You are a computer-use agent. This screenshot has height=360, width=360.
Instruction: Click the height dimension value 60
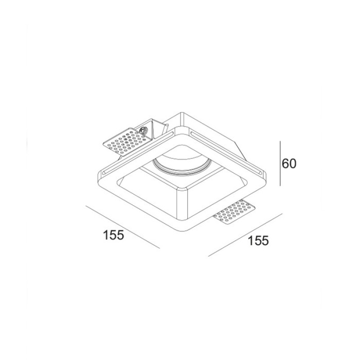coord(290,164)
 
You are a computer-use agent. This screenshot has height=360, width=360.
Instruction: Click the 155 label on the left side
coord(114,235)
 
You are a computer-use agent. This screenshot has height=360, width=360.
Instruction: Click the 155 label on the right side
coord(258,240)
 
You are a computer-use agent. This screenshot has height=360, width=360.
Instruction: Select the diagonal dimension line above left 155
coord(122,227)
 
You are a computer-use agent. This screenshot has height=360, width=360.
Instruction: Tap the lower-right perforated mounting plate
coord(234,212)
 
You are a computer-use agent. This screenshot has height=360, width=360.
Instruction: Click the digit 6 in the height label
coord(286,164)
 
